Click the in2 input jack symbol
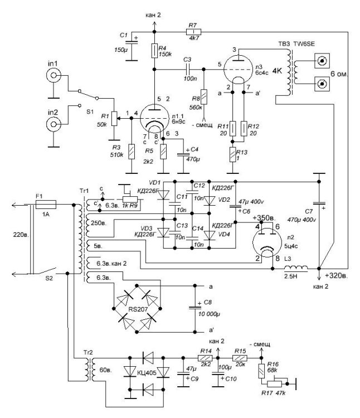click(52, 123)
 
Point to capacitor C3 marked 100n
click(187, 70)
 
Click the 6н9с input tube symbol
click(154, 118)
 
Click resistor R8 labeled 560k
click(205, 96)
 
